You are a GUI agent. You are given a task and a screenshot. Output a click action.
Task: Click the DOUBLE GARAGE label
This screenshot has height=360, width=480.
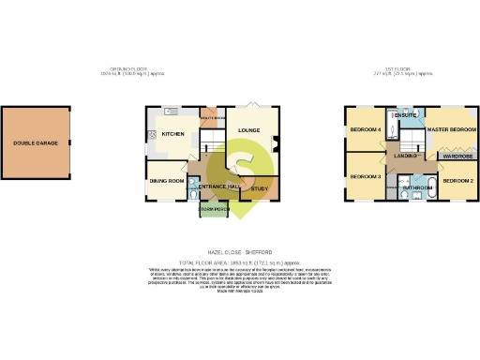[x=35, y=143]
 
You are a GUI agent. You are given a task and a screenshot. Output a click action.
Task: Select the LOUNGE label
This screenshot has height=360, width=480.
[x=248, y=130]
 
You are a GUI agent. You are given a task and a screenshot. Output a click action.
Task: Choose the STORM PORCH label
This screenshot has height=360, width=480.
[x=214, y=210]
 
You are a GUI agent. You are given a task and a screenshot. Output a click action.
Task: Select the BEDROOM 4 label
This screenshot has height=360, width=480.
[x=364, y=129]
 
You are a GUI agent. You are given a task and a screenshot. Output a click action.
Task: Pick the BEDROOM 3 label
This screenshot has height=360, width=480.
[x=364, y=176]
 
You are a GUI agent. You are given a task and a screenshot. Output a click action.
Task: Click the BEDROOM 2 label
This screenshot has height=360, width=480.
[x=458, y=179]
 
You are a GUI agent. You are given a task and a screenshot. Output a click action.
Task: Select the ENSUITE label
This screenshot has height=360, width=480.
[x=405, y=115]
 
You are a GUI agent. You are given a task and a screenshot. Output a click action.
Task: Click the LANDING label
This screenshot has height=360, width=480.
[x=405, y=156]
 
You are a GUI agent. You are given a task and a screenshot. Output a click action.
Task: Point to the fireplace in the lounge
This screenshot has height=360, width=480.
[x=277, y=143]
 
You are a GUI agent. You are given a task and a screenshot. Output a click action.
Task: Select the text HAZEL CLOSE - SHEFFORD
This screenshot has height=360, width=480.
[x=240, y=252]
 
